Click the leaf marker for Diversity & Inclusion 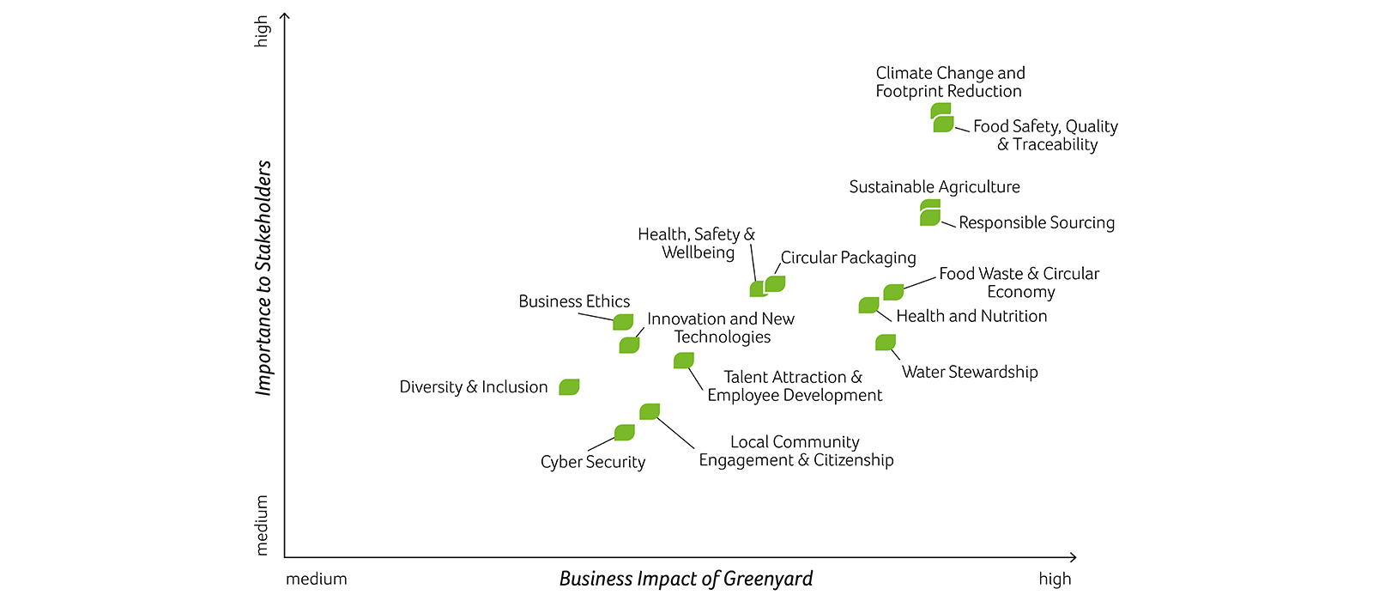pyautogui.click(x=569, y=387)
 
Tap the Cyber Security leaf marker pyautogui.click(x=625, y=432)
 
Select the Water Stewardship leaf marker pyautogui.click(x=886, y=343)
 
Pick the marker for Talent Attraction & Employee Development pyautogui.click(x=684, y=361)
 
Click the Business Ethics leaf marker pyautogui.click(x=623, y=322)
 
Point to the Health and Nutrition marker pyautogui.click(x=868, y=305)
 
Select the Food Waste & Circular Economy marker pyautogui.click(x=893, y=292)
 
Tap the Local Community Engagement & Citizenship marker pyautogui.click(x=650, y=411)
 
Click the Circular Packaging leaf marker pyautogui.click(x=776, y=283)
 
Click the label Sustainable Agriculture pyautogui.click(x=934, y=187)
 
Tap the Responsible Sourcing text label pyautogui.click(x=1037, y=223)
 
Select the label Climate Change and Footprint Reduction pyautogui.click(x=950, y=82)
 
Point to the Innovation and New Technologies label pyautogui.click(x=721, y=328)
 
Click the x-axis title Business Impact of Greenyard pyautogui.click(x=686, y=579)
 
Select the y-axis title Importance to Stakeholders pyautogui.click(x=263, y=277)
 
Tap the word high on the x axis pyautogui.click(x=1055, y=580)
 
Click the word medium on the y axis pyautogui.click(x=263, y=525)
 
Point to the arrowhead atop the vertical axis pyautogui.click(x=285, y=16)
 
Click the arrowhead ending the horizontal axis pyautogui.click(x=1073, y=557)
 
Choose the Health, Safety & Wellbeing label pyautogui.click(x=697, y=243)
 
